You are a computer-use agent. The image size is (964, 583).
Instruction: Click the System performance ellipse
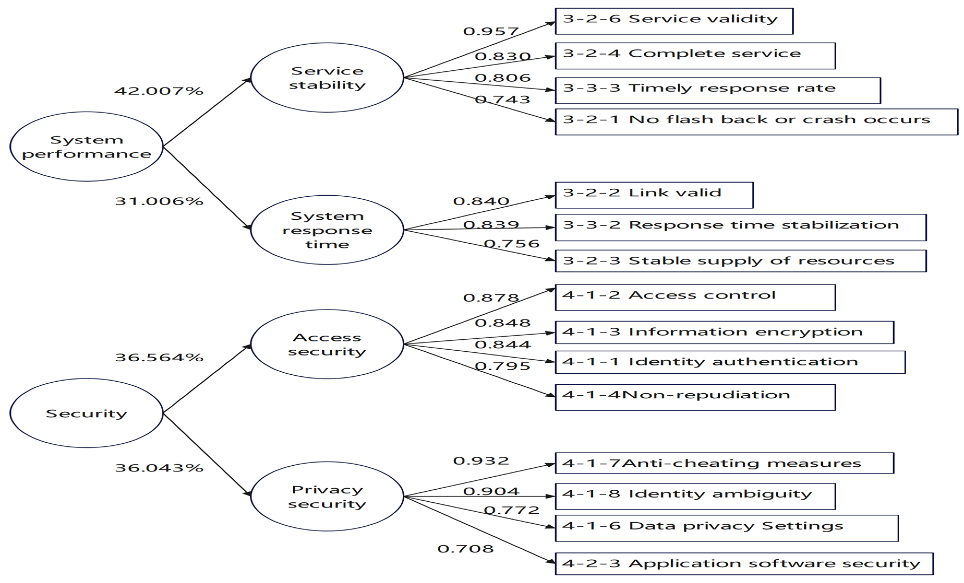87,147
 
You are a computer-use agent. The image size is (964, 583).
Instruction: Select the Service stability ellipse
327,78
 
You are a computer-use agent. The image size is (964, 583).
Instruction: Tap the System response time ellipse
327,230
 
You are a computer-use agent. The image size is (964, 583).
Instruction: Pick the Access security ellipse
327,344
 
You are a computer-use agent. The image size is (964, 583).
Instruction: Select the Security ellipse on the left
87,413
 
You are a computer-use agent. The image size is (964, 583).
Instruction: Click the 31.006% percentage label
159,201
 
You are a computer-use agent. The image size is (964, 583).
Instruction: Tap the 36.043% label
159,468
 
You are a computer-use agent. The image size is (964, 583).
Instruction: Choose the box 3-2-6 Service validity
674,21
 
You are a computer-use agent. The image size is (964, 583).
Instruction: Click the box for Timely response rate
718,90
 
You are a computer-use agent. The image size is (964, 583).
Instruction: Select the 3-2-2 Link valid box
654,195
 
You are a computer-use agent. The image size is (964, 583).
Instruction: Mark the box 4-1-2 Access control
695,297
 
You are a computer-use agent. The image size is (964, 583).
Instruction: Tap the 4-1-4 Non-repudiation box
695,397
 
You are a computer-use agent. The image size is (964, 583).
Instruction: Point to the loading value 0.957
491,31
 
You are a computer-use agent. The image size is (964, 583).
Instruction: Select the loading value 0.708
466,549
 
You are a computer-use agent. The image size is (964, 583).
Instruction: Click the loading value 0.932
481,461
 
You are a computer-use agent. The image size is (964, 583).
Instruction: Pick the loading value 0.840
481,201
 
